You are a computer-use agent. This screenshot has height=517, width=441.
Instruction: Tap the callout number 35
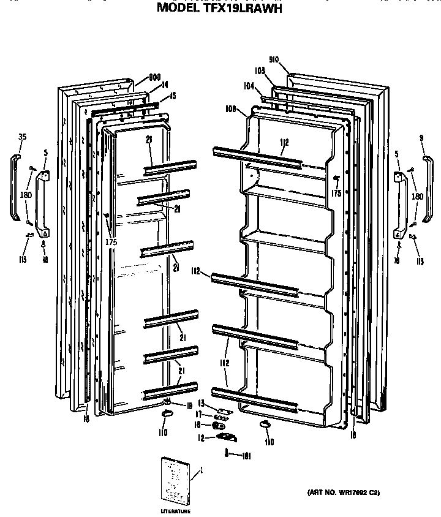pyautogui.click(x=22, y=137)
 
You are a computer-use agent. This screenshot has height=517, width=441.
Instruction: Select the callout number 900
pyautogui.click(x=154, y=78)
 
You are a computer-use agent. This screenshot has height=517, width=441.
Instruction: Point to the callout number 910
pyautogui.click(x=273, y=59)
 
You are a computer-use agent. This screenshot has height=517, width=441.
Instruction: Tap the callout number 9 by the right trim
pyautogui.click(x=422, y=137)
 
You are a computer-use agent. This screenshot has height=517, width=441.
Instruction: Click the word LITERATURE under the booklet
pyautogui.click(x=175, y=511)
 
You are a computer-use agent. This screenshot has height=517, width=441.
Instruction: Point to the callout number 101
pyautogui.click(x=247, y=455)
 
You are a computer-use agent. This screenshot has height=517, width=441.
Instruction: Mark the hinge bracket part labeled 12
pyautogui.click(x=227, y=436)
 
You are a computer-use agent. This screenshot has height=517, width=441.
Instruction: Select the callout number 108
pyautogui.click(x=231, y=110)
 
